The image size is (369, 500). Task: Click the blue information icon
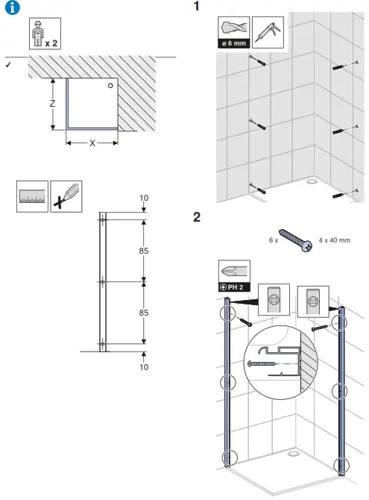(12, 7)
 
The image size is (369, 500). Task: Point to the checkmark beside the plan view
(7, 66)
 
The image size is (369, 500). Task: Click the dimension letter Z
(52, 104)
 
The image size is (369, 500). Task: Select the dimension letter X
(92, 143)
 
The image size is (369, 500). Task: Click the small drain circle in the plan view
(110, 86)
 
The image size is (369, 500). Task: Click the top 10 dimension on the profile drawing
(143, 198)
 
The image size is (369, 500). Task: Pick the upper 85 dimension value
(143, 251)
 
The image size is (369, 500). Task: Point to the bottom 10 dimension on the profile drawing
(143, 366)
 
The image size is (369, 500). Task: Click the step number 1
(197, 7)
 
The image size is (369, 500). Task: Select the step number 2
(197, 218)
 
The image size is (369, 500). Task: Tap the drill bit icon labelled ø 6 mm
(233, 34)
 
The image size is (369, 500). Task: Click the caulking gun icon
(267, 34)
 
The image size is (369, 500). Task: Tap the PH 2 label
(234, 287)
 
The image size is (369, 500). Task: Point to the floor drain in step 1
(311, 180)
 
